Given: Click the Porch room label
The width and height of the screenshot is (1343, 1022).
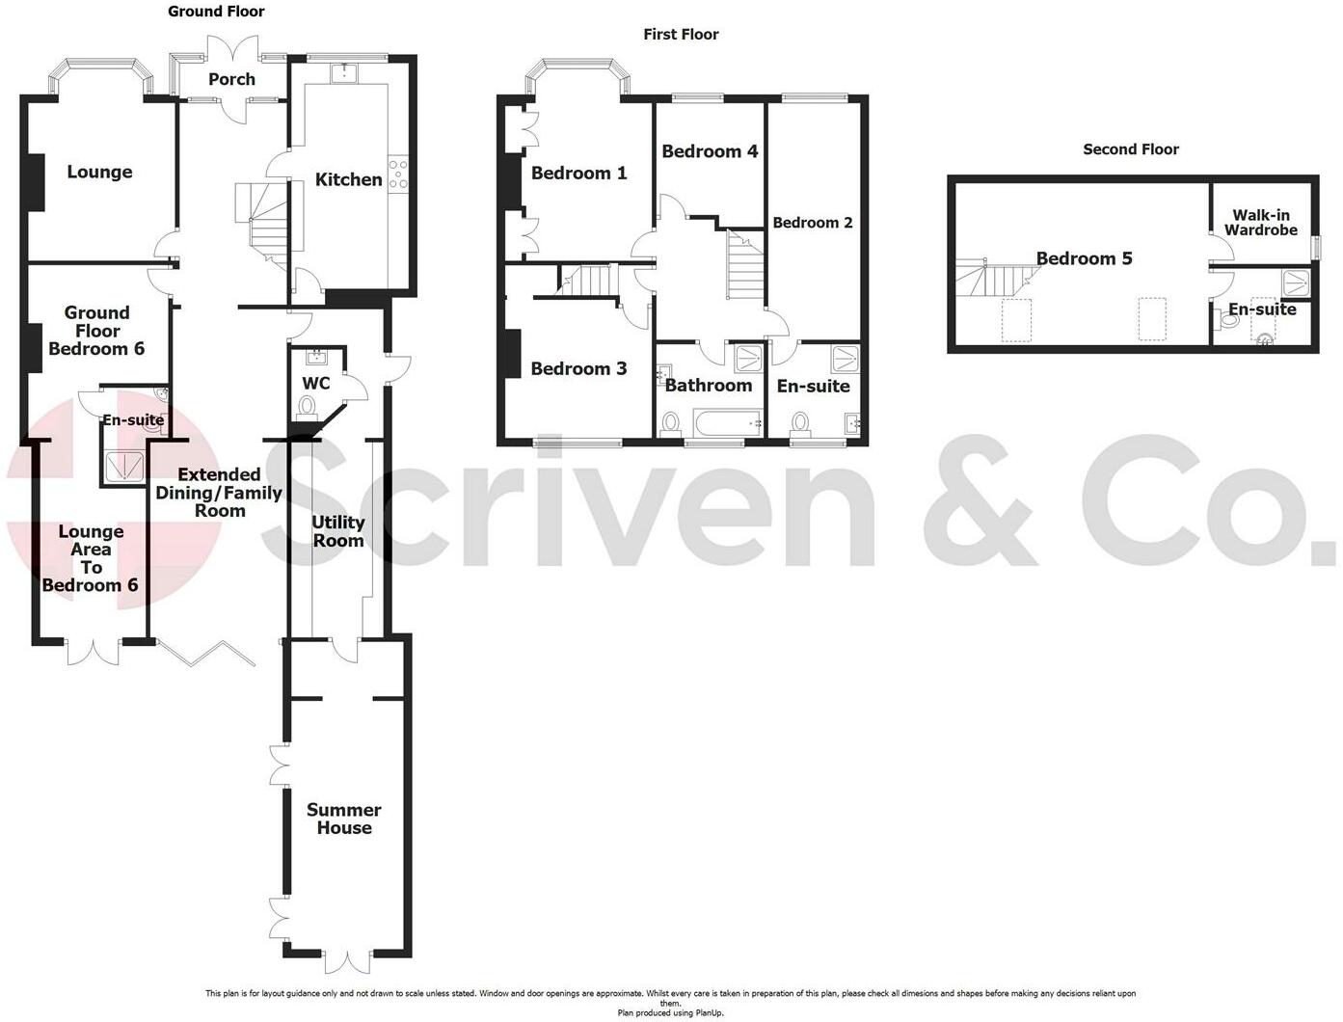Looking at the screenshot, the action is pos(231,79).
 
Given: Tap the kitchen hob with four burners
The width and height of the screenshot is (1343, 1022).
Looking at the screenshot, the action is pos(398,174).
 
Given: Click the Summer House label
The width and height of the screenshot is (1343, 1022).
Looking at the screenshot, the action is pos(344,819).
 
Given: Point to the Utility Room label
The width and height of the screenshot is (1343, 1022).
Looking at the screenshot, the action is pos(337,531).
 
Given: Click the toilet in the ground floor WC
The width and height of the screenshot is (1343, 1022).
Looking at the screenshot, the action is pos(307,406).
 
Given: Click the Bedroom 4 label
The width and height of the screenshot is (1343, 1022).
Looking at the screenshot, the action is pos(710,151).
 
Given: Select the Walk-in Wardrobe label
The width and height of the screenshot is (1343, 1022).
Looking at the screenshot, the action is pos(1261,223).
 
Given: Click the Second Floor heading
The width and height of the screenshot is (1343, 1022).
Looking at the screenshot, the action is pos(1131,149).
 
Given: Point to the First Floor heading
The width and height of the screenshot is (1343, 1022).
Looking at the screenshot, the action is pos(681,35).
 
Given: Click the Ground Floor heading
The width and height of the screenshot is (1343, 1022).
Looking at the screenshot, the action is pos(216,11).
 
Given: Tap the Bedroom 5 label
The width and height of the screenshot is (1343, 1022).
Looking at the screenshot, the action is pos(1084,258).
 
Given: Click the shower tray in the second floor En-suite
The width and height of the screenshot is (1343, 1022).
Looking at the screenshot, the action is pos(1295,283).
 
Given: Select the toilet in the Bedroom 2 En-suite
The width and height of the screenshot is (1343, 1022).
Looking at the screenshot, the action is pos(799,424).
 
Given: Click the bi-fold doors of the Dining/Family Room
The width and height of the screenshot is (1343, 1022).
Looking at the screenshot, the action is pos(206,652).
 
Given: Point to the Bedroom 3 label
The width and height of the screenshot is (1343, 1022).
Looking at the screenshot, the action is pos(578,369).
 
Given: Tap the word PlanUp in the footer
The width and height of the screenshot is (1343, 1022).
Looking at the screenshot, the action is pos(710,1013).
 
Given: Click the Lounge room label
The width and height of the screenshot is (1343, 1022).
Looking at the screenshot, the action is pos(99,172).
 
